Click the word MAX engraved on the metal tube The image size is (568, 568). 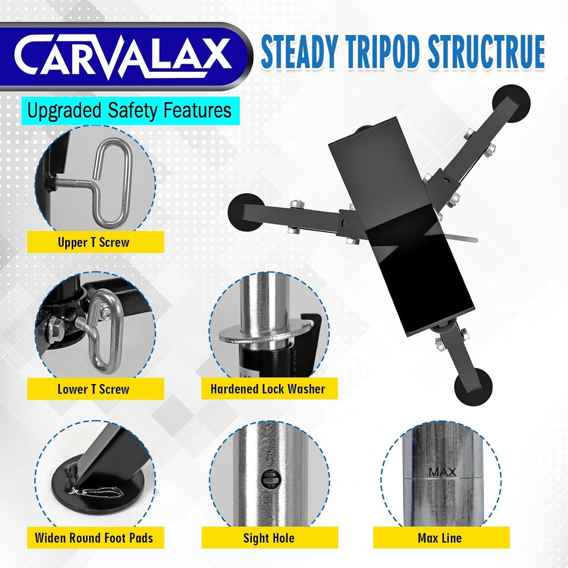pos(443,472)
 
